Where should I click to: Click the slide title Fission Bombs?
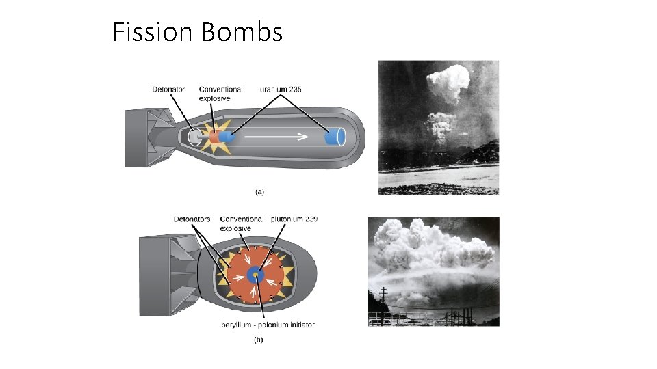click(197, 32)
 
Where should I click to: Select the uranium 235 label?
click(281, 90)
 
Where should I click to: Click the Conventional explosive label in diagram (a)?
click(220, 94)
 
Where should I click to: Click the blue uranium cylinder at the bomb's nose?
click(335, 137)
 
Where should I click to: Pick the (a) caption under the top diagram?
click(259, 192)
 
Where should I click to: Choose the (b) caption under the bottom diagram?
click(259, 340)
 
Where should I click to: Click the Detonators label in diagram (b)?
click(192, 219)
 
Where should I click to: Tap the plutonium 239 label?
click(294, 219)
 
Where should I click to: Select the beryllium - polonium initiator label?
click(268, 325)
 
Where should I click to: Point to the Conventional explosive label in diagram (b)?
click(242, 223)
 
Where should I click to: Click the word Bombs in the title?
click(242, 32)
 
